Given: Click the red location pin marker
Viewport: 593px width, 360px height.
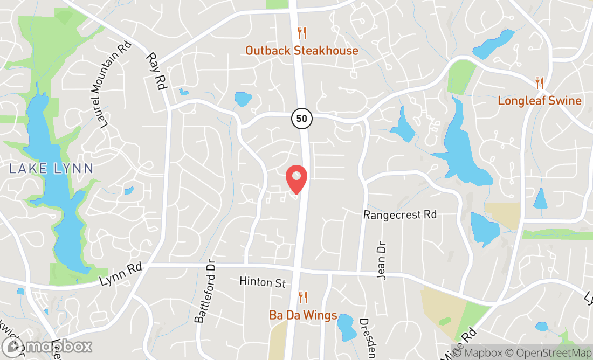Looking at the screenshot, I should pyautogui.click(x=296, y=178).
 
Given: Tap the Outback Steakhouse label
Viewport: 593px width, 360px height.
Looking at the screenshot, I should pyautogui.click(x=301, y=51).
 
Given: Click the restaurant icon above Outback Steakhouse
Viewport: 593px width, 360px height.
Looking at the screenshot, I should pyautogui.click(x=302, y=33).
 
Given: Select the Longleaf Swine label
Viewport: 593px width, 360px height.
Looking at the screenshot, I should pyautogui.click(x=539, y=101).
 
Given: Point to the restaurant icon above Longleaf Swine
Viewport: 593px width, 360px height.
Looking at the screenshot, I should pyautogui.click(x=539, y=82).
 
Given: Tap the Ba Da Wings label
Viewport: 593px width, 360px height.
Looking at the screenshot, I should pyautogui.click(x=303, y=315).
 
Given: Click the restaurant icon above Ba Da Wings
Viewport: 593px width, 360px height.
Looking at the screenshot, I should pyautogui.click(x=303, y=297).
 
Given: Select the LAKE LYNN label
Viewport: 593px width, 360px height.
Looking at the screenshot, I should pyautogui.click(x=51, y=168).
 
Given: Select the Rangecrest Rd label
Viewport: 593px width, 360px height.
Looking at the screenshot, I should pyautogui.click(x=399, y=214).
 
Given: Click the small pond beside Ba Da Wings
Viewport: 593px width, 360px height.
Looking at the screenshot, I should pyautogui.click(x=346, y=327).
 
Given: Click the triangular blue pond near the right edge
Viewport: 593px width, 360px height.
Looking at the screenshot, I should pyautogui.click(x=540, y=199).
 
